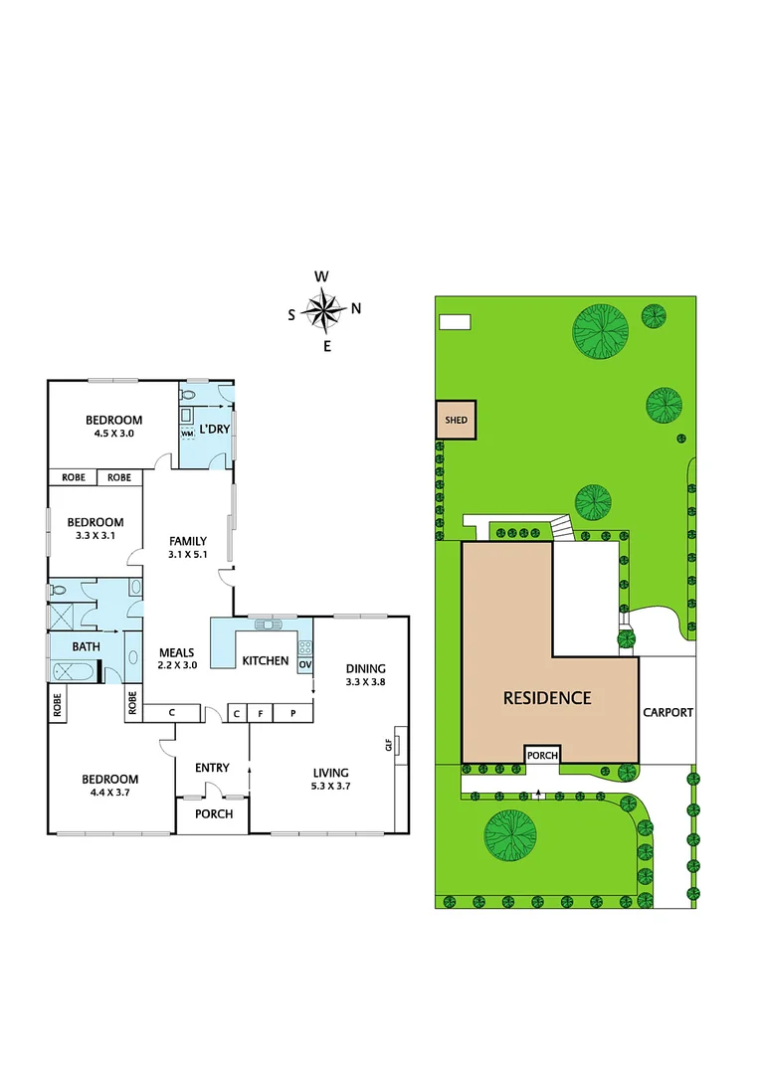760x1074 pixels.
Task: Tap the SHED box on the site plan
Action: point(457,420)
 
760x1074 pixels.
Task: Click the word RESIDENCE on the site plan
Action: point(547,698)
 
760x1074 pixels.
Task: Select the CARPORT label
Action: point(667,712)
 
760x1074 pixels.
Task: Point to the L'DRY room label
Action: point(214,429)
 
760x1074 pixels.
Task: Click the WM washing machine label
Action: point(186,434)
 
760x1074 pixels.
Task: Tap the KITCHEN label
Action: point(266,660)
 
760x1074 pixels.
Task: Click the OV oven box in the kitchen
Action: point(304,664)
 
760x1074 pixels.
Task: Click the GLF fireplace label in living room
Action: point(389,742)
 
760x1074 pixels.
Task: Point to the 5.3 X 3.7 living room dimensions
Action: point(330,786)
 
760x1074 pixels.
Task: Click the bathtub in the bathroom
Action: point(73,674)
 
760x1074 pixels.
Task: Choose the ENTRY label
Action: point(212,767)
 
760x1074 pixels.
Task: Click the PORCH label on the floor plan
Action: point(213,813)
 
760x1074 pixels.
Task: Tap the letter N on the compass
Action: point(356,307)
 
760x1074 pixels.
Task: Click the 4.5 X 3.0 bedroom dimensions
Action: point(113,434)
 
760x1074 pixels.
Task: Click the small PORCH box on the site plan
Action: point(541,755)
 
